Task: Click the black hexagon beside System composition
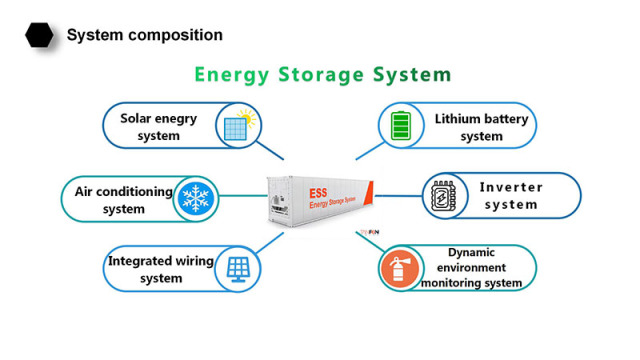pos(39,36)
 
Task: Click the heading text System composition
pos(144,36)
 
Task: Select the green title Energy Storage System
pos(322,75)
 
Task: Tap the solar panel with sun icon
pos(240,126)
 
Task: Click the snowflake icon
pos(197,198)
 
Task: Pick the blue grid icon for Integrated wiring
pos(238,268)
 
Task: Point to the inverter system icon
pos(442,196)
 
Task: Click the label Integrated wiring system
pos(160,269)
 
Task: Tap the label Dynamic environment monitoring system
pos(471,268)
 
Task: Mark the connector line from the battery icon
pos(369,150)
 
